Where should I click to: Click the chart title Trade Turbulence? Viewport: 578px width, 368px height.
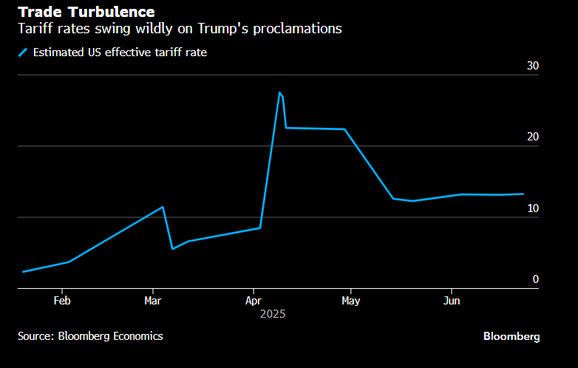pos(86,13)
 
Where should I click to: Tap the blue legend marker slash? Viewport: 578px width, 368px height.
pos(23,52)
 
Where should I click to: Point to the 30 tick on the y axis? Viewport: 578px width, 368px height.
pos(533,67)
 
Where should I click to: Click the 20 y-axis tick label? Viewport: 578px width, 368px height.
pos(533,137)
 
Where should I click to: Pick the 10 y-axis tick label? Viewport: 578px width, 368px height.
pos(533,209)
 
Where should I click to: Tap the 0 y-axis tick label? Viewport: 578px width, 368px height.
pos(536,280)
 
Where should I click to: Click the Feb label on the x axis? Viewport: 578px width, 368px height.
pos(62,301)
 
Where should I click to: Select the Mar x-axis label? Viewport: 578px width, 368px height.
pos(153,301)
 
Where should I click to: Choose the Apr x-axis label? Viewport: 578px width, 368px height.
pos(254,301)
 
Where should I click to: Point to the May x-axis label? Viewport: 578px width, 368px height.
pos(351,301)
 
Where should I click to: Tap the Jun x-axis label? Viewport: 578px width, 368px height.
pos(452,301)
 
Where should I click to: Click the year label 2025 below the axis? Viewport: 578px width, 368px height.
pos(273,314)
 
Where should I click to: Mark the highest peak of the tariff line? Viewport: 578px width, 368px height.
pos(279,92)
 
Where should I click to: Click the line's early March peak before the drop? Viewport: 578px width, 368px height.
pos(163,207)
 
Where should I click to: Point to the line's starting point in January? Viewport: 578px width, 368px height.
pos(24,272)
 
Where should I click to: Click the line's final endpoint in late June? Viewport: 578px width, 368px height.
pos(523,194)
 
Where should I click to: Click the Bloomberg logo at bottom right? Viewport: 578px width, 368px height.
pos(511,336)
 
